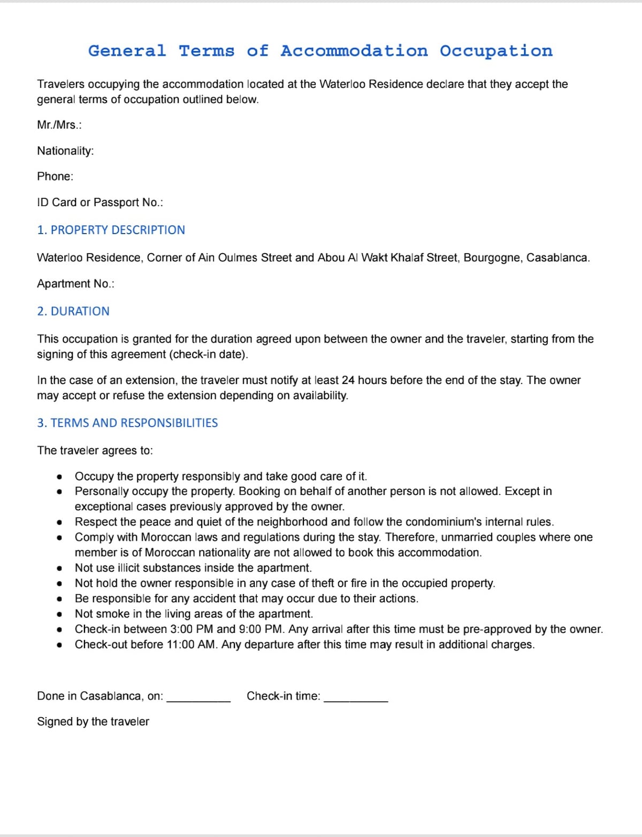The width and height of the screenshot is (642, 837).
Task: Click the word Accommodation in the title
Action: point(354,51)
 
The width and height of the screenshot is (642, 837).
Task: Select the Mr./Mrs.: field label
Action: point(59,125)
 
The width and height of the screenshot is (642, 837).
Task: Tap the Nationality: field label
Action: point(65,151)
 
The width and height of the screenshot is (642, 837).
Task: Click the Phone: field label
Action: point(55,176)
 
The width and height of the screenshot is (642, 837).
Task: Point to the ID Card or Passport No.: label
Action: point(100,202)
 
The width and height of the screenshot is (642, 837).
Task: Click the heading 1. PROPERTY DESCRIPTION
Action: point(111,230)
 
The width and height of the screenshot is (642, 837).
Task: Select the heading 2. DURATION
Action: point(73,311)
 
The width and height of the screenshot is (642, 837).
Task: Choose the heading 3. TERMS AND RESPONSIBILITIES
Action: point(127,423)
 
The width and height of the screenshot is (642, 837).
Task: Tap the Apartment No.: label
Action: point(75,283)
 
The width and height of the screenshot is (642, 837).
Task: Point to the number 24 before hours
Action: point(348,380)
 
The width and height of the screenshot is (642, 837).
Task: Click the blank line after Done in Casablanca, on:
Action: point(198,698)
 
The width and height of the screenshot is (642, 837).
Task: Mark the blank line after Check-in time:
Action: point(356,698)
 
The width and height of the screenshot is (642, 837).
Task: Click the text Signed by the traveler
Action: point(93,721)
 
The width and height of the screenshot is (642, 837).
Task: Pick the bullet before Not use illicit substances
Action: point(59,569)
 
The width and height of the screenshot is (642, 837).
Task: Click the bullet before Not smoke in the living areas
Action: point(59,615)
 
